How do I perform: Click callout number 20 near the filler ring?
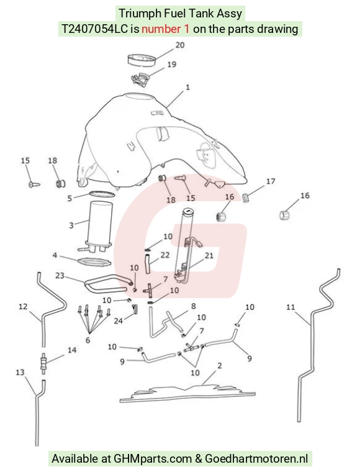pos(180,45)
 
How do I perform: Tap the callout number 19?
pos(171,65)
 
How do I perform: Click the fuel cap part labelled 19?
pos(140,79)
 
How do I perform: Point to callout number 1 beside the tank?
pos(187,88)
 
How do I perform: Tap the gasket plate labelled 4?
pos(94,262)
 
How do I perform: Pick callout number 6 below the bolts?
pos(88,340)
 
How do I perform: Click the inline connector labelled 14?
pos(44,363)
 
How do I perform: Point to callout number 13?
pos(20,373)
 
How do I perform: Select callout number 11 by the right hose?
pos(290,307)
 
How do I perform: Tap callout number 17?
pos(271,181)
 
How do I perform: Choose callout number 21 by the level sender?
pos(209,256)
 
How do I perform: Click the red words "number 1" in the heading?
pos(165,29)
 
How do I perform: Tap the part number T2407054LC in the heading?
pos(94,29)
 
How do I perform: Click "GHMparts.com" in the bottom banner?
pos(153,459)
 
